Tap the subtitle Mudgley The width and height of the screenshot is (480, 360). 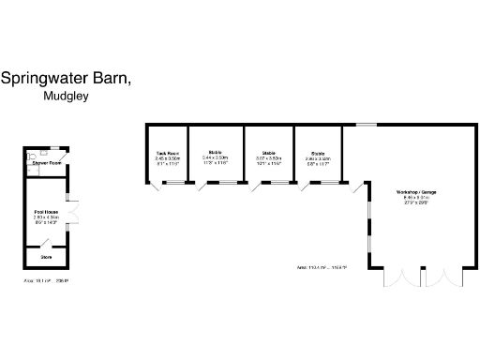point(66,96)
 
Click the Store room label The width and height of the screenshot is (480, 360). point(46,255)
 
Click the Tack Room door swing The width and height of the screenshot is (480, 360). point(158,188)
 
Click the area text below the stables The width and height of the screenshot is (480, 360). point(322,268)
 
